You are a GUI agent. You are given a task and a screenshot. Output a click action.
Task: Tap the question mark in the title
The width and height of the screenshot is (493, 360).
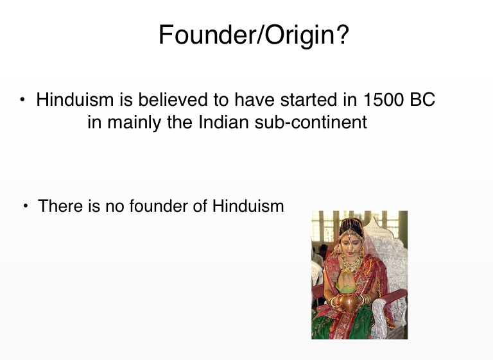[x=343, y=35]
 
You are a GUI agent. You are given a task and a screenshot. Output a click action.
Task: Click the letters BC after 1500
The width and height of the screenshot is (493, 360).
[x=422, y=99]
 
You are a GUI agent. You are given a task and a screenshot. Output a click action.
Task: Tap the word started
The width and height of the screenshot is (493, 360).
[x=309, y=99]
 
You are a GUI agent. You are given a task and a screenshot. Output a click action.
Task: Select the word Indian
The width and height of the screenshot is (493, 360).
[x=223, y=122]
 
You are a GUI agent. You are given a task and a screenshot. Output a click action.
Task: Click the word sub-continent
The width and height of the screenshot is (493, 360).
[x=311, y=122]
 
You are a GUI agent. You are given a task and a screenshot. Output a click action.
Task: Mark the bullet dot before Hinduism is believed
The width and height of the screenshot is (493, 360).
[x=22, y=99]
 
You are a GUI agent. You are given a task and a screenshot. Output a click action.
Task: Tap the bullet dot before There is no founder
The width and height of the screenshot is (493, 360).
[x=26, y=207]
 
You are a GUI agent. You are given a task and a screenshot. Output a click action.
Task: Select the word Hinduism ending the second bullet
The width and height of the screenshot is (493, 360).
[x=248, y=206]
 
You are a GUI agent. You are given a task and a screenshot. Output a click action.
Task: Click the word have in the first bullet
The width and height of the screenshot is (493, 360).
[x=254, y=99]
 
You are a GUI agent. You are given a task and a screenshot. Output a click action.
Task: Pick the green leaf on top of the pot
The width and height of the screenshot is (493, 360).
[x=346, y=288]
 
